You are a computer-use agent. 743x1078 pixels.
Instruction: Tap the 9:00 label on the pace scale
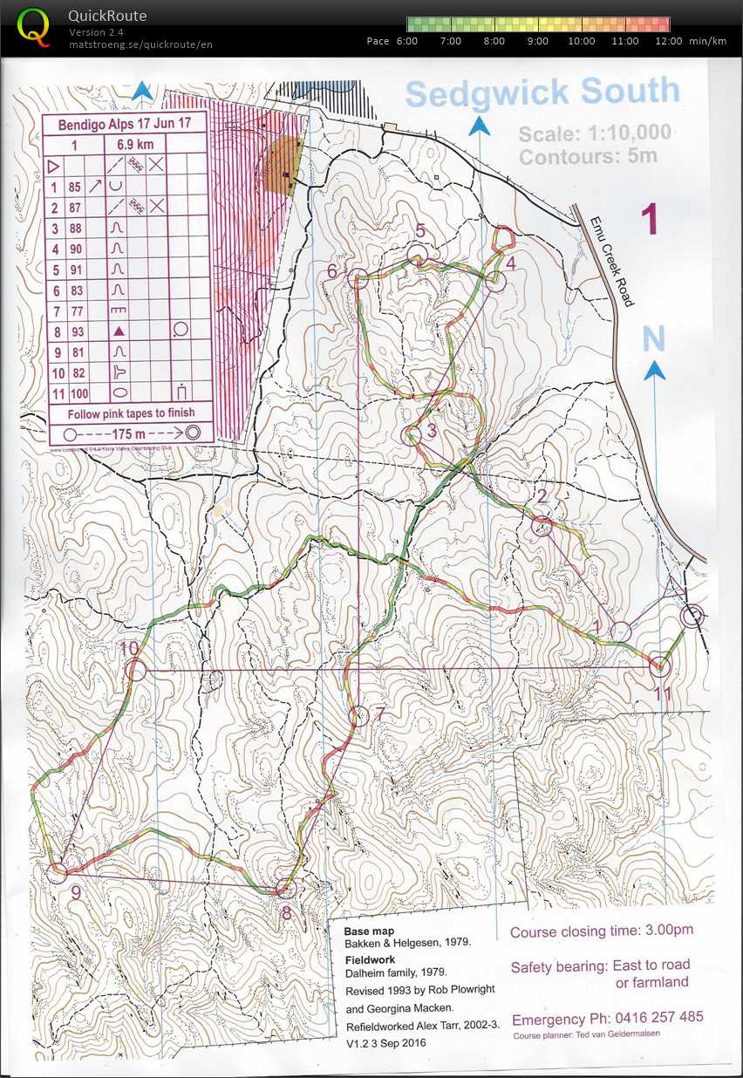(538, 41)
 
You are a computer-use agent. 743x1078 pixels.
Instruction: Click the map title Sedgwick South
(542, 92)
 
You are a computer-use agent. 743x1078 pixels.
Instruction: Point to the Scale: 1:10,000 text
(595, 133)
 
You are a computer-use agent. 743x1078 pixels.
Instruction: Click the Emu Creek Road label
(610, 261)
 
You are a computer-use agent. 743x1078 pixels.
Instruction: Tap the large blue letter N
(654, 338)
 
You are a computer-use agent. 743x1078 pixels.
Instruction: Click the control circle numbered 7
(358, 716)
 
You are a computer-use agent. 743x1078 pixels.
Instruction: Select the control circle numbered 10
(135, 670)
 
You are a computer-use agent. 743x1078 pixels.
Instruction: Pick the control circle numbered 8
(285, 889)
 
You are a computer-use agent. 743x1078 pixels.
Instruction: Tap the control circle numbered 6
(356, 278)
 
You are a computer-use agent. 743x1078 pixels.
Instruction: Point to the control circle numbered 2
(542, 525)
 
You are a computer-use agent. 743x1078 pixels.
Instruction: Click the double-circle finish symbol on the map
(692, 617)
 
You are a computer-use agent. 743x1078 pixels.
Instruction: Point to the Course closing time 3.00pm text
(602, 931)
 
